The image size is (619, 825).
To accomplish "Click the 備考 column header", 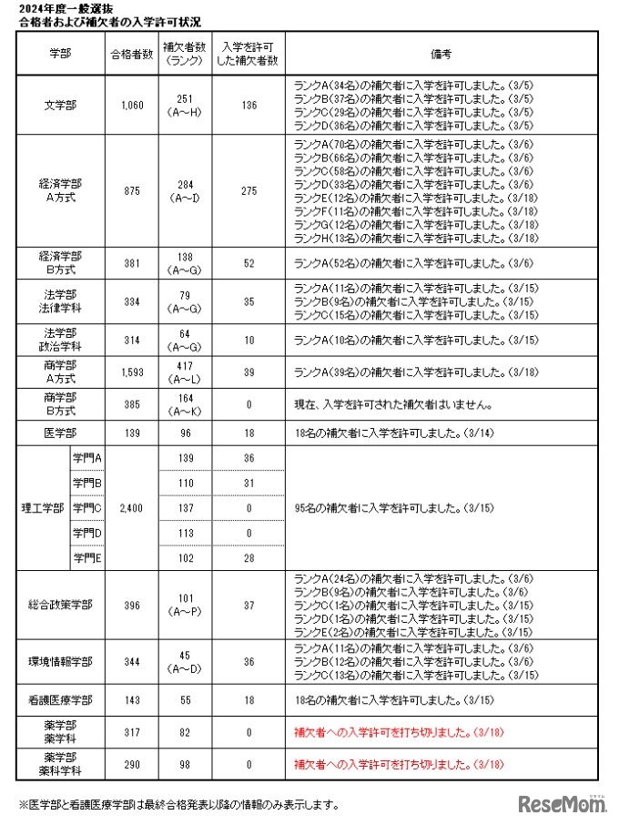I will coord(442,54).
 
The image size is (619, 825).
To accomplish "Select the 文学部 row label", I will coord(61,105).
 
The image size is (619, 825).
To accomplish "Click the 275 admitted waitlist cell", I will coord(249,190).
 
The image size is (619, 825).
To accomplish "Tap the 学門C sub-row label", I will coord(87,507).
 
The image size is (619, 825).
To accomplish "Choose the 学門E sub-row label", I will coord(87,557).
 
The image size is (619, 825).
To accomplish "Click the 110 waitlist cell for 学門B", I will coord(187,482).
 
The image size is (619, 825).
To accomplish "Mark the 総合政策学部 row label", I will coord(61,605).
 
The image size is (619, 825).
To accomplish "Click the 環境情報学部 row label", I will coord(61,662).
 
